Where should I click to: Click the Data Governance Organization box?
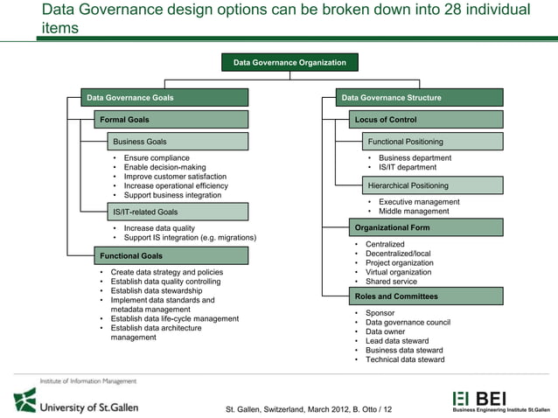pos(289,62)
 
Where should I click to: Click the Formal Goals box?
pos(171,119)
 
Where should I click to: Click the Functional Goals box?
pos(171,255)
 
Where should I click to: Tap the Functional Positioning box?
pos(432,141)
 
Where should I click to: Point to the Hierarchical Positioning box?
pos(432,185)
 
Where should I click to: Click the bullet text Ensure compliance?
pos(157,158)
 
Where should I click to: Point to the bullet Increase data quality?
pos(159,228)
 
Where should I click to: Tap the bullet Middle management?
pos(414,211)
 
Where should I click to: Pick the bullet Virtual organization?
pos(398,272)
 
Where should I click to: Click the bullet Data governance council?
pos(408,322)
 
